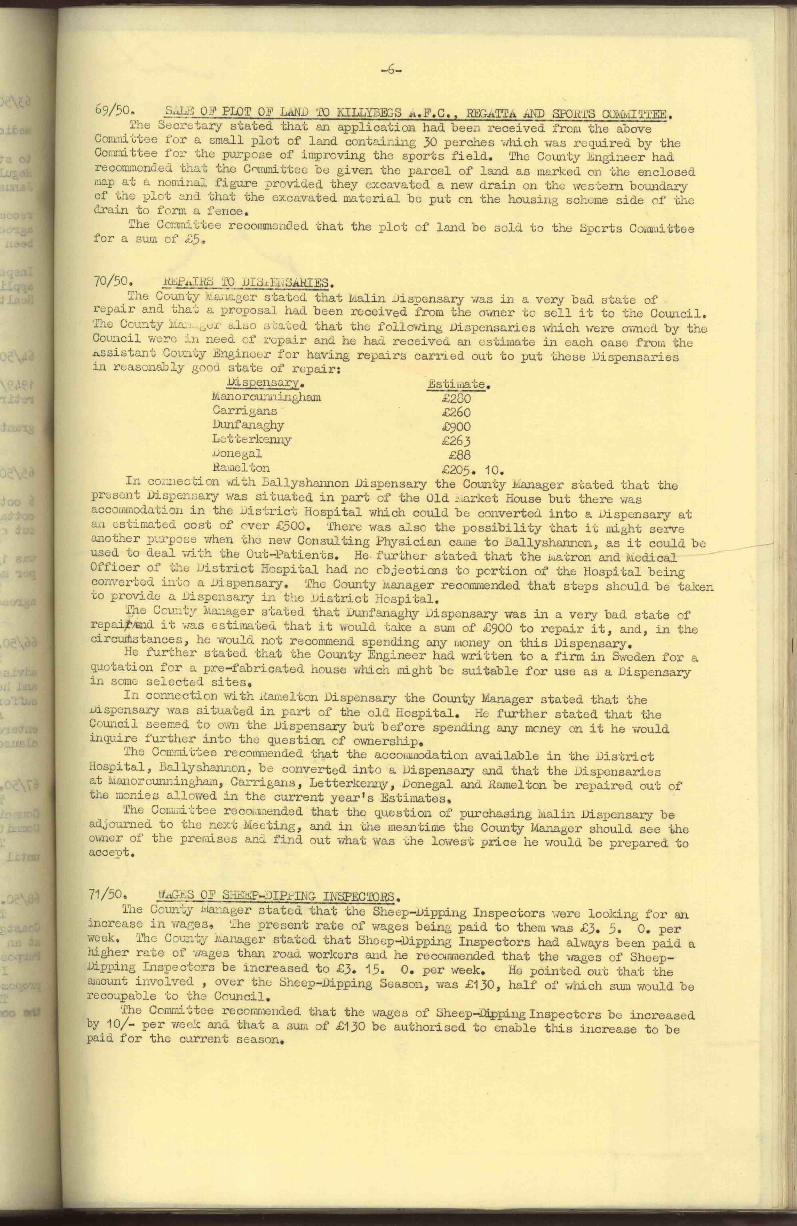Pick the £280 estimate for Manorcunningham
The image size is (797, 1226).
[456, 398]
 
